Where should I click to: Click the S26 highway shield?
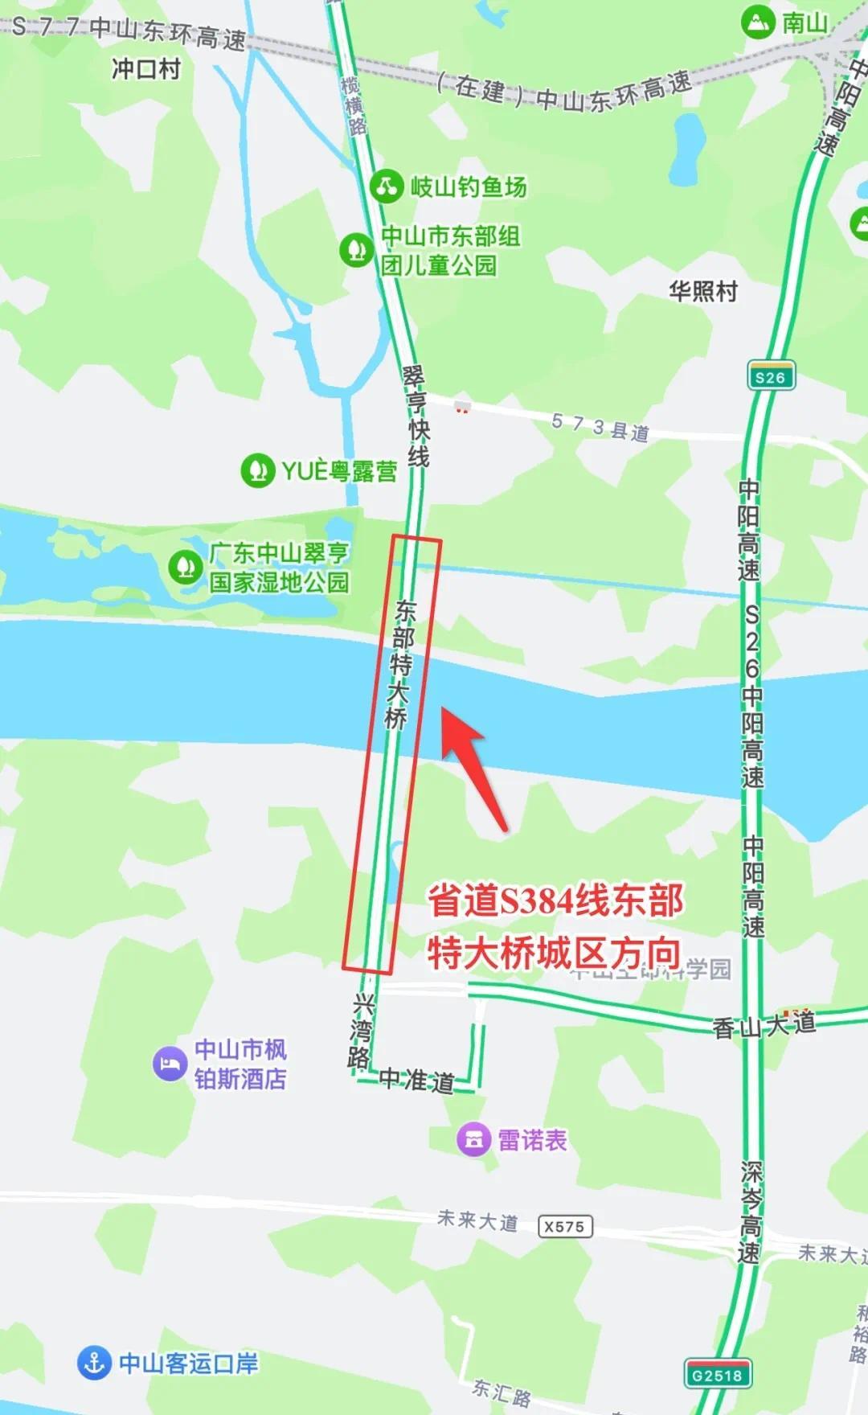click(770, 376)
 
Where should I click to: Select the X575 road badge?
click(564, 1226)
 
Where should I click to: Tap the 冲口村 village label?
click(146, 69)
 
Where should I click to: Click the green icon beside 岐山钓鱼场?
click(387, 187)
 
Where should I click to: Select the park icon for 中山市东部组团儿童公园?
click(355, 250)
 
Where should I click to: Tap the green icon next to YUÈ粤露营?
click(257, 470)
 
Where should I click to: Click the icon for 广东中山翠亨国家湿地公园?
click(186, 567)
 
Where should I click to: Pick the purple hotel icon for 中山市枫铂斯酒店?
click(170, 1064)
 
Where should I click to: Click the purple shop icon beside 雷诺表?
click(473, 1139)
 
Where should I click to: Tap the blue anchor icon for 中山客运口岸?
click(94, 1362)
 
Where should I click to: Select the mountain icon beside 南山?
click(757, 23)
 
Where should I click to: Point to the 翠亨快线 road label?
click(416, 416)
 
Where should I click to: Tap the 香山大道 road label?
click(764, 1024)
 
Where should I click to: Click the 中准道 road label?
click(416, 1079)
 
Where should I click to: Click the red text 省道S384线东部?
click(555, 900)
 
